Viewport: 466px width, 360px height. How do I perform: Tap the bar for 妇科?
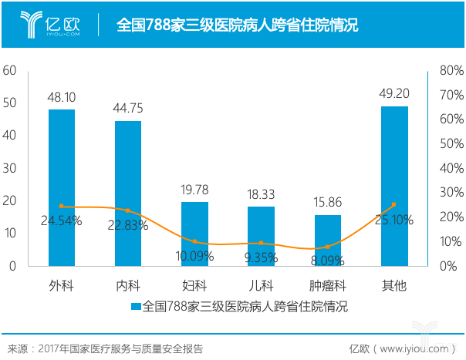click(x=194, y=234)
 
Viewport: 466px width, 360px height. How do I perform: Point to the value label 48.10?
click(x=62, y=98)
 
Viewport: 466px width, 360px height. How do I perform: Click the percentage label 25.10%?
click(x=393, y=220)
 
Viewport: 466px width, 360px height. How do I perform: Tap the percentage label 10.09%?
click(x=194, y=255)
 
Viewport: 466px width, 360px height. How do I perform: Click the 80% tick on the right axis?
click(x=451, y=70)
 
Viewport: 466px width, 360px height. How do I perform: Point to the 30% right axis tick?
click(x=451, y=193)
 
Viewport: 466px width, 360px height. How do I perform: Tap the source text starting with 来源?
click(x=104, y=348)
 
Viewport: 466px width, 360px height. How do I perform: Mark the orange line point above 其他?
click(x=393, y=204)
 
